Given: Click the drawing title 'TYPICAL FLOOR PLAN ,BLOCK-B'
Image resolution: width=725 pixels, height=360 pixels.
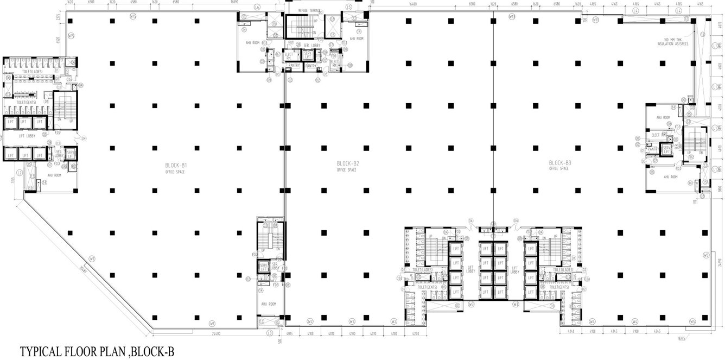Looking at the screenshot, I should pyautogui.click(x=98, y=351).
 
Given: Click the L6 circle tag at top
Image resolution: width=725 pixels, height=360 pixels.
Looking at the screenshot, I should pyautogui.click(x=257, y=7).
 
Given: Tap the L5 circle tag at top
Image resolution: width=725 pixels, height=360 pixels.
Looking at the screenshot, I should pyautogui.click(x=348, y=7).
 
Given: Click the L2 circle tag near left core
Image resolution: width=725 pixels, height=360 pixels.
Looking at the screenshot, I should pyautogui.click(x=19, y=173).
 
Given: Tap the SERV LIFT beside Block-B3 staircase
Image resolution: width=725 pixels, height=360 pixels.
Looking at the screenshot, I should pyautogui.click(x=667, y=148).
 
